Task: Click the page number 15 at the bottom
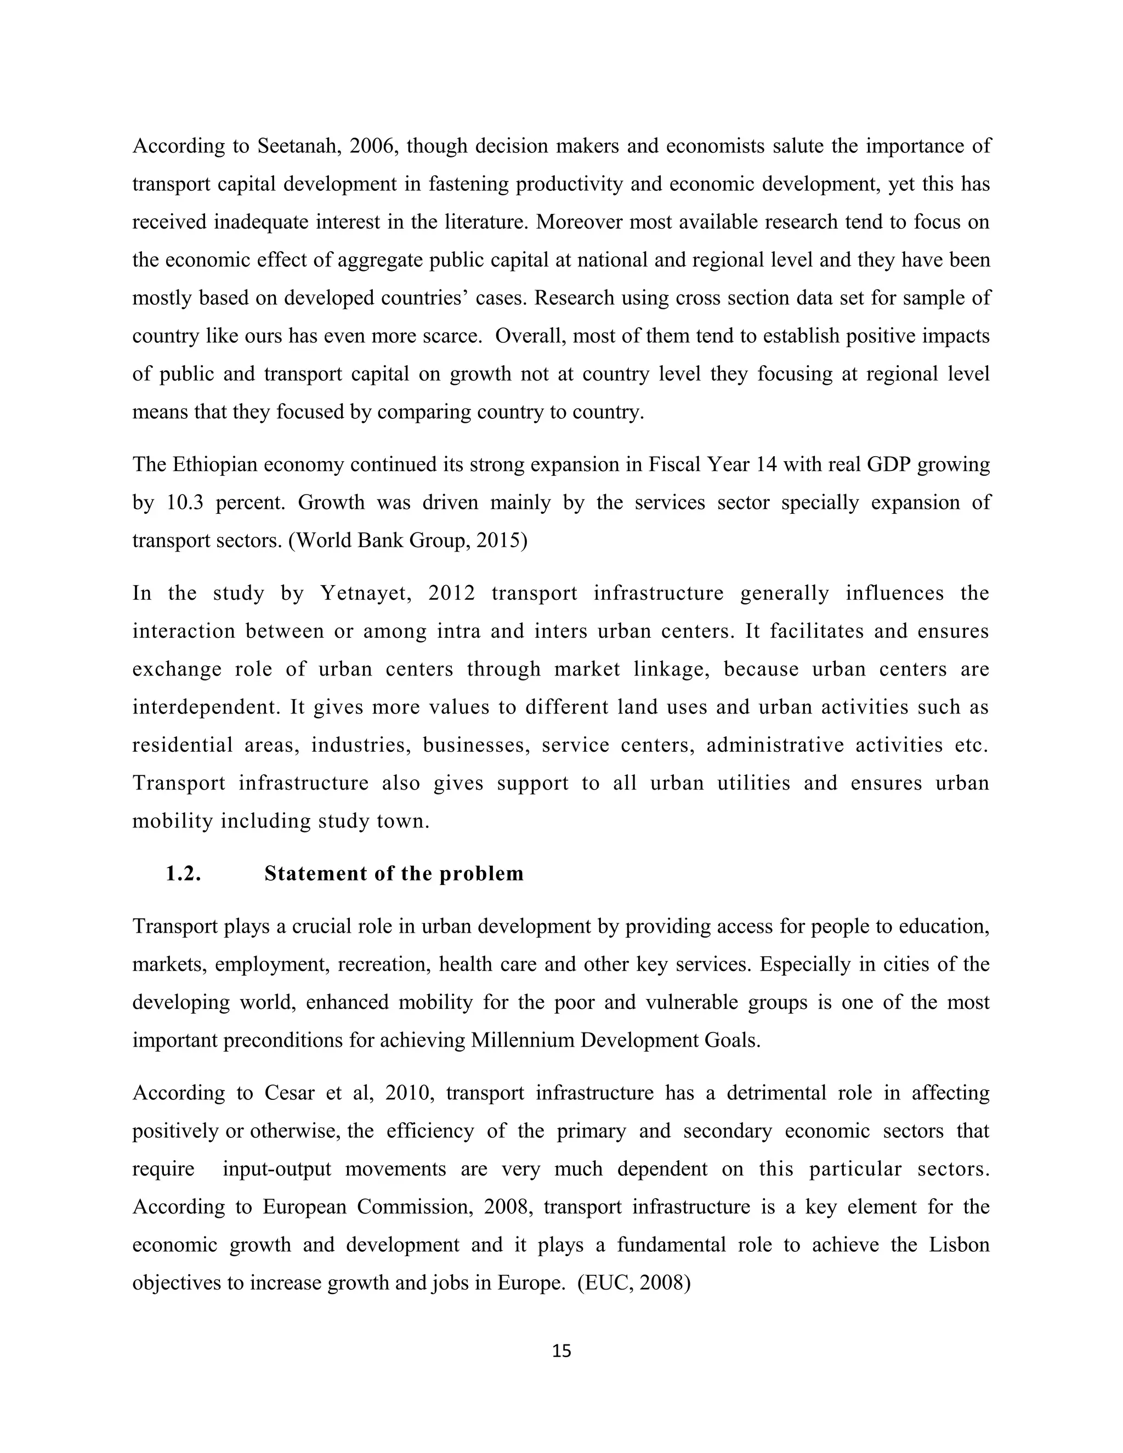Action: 561,1351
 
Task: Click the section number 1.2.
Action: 183,873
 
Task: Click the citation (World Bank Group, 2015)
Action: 408,540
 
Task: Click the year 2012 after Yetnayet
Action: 452,593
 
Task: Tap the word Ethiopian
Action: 215,464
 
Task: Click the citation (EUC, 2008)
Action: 634,1282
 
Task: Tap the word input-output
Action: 277,1169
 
